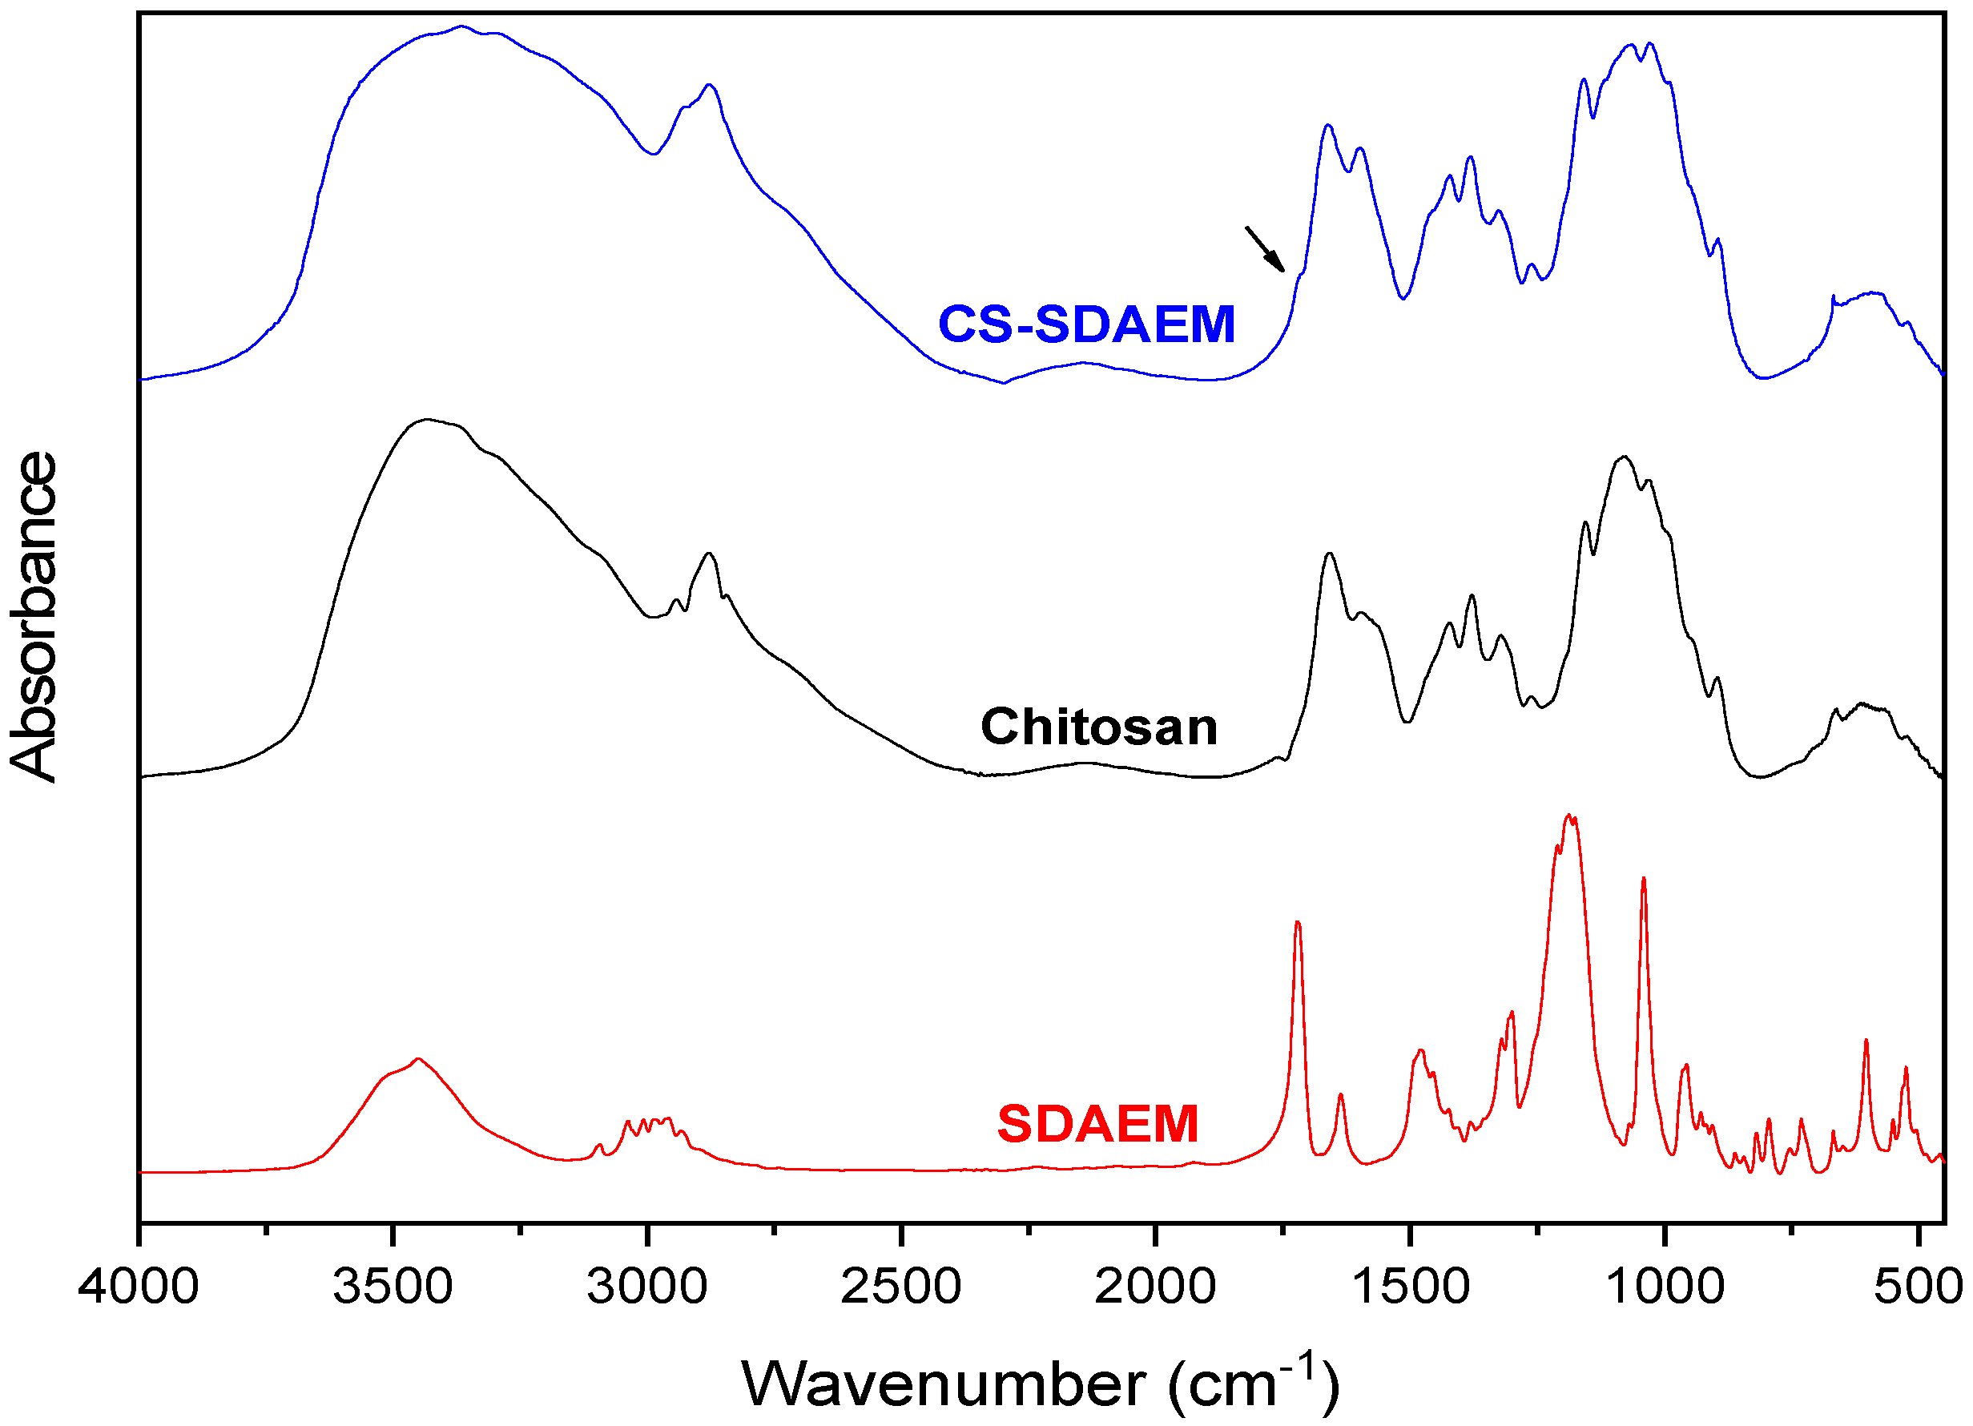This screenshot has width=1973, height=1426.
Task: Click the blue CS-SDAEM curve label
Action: tap(1086, 324)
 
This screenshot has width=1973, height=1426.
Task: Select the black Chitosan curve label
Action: tap(1099, 727)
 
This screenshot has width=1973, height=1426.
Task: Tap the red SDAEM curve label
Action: tap(1098, 1124)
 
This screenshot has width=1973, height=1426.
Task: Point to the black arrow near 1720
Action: tap(1265, 250)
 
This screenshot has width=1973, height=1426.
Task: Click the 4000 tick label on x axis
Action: tap(139, 1287)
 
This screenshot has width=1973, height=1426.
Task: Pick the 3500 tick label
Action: tap(393, 1287)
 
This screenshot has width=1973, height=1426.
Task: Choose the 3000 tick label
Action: tap(647, 1287)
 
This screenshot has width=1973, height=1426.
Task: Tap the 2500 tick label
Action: tap(901, 1287)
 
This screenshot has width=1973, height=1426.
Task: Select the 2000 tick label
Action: tap(1155, 1287)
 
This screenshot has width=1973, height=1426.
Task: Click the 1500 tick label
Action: tap(1410, 1287)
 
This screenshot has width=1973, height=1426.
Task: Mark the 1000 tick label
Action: tap(1664, 1287)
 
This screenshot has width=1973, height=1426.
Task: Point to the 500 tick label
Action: tap(1919, 1287)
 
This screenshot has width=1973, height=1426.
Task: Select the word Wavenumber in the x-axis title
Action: tap(944, 1384)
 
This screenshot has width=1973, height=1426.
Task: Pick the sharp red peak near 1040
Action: tap(1643, 879)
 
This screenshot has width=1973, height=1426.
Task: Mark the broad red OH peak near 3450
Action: tap(418, 1059)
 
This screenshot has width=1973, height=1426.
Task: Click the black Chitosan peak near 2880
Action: tap(709, 554)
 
